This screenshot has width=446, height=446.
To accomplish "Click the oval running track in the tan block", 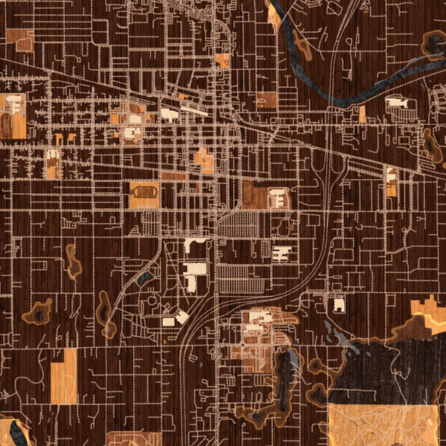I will [143, 195].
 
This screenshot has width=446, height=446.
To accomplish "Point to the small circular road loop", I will [153, 301].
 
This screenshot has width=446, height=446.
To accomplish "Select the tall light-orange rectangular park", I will [64, 375].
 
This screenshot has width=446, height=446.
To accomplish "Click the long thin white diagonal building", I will [195, 110].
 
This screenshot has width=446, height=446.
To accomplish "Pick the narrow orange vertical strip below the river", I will [362, 114].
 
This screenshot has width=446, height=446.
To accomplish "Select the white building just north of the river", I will [397, 102].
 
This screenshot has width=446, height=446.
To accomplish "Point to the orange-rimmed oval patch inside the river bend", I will [303, 45].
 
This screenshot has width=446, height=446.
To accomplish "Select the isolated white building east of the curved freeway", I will [338, 304].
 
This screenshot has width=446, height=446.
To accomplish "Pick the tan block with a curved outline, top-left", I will [22, 41].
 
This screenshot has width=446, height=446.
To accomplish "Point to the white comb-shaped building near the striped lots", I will [282, 253].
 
